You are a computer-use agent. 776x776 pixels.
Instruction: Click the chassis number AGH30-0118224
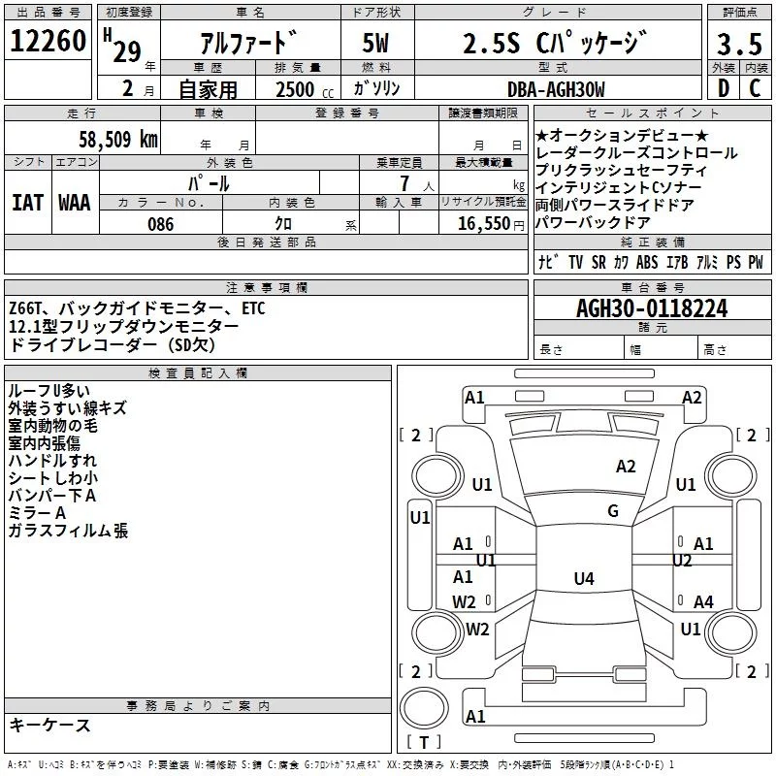(651, 309)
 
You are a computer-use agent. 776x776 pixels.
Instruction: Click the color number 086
(160, 224)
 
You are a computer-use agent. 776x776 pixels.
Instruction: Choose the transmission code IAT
(27, 202)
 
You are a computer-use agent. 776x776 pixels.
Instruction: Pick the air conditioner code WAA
(74, 202)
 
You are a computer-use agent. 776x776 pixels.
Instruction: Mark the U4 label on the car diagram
(583, 579)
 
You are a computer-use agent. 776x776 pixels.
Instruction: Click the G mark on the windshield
(613, 511)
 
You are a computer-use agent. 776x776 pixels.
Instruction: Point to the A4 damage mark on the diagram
(703, 602)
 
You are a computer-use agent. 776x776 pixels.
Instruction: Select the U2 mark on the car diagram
(682, 561)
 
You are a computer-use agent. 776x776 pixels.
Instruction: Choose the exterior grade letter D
(723, 89)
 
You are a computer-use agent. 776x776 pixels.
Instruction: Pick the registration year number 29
(126, 51)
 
